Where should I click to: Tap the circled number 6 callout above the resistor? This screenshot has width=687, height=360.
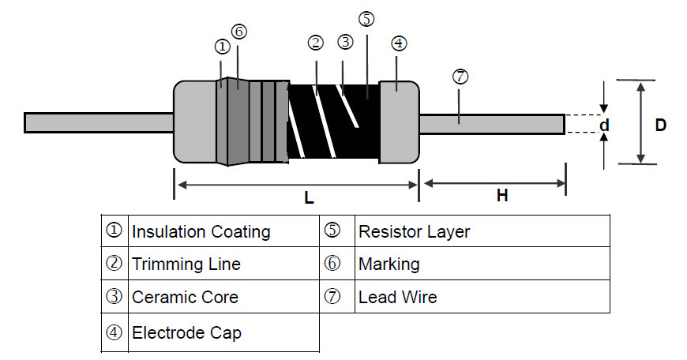click(x=239, y=32)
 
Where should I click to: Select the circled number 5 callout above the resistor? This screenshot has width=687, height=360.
click(x=366, y=18)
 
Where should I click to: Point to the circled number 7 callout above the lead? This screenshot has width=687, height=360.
click(x=460, y=77)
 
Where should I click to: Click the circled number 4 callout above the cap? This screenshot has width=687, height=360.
click(x=399, y=43)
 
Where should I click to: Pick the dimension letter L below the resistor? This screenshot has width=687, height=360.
click(x=310, y=199)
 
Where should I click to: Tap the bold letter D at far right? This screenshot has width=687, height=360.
click(x=661, y=125)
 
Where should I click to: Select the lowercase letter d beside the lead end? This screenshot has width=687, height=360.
click(x=604, y=125)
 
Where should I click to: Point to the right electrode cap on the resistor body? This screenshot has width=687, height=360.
click(x=399, y=122)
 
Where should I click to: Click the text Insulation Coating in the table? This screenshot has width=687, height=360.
click(x=201, y=231)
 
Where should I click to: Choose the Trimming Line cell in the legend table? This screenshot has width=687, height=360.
click(x=186, y=264)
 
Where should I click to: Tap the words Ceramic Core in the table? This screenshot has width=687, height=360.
click(x=185, y=298)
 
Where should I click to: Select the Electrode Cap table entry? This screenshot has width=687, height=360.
click(x=186, y=332)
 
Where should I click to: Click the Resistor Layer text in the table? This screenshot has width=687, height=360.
click(x=414, y=231)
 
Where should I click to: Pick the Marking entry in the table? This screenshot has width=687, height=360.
click(x=389, y=264)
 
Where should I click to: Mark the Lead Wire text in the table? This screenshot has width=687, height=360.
click(x=397, y=298)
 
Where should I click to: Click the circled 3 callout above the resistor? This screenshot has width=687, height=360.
click(x=344, y=42)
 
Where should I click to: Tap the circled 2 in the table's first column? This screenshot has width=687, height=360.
click(x=114, y=264)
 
